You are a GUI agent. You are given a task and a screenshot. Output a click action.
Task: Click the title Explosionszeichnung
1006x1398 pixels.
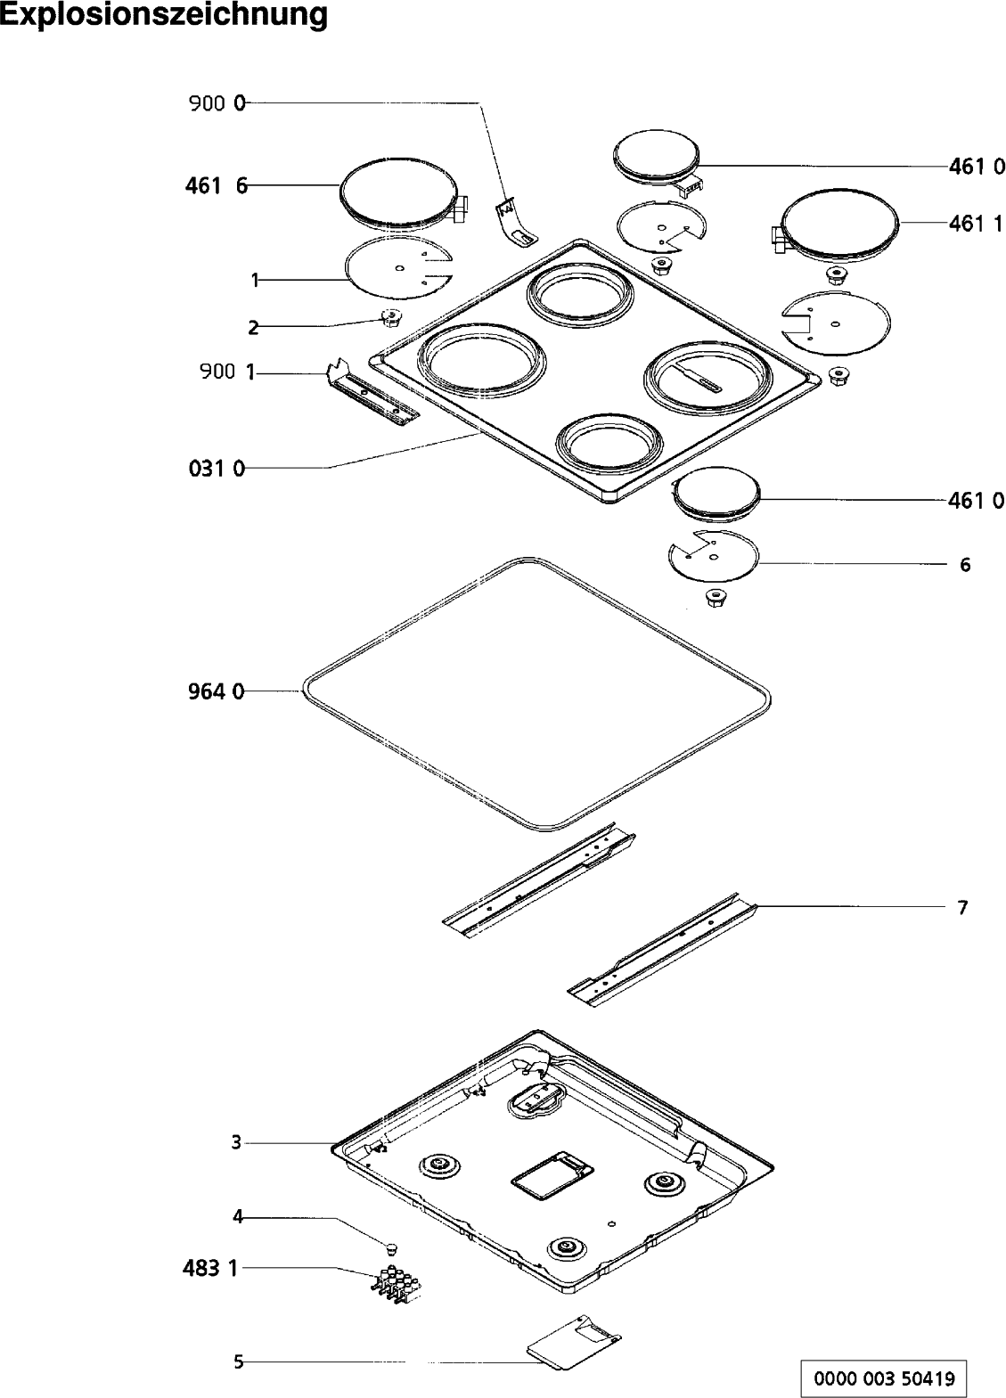[x=164, y=15]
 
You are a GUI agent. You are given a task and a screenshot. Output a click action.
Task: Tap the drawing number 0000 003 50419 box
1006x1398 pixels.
[x=883, y=1378]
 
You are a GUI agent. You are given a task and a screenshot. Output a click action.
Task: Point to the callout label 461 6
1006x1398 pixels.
[x=217, y=186]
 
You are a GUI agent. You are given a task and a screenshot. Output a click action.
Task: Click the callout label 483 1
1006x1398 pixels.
[x=210, y=1267]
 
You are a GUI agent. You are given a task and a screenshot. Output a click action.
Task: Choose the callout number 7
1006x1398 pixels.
[x=962, y=908]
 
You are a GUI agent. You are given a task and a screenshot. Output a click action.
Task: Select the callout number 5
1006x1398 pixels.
[x=238, y=1361]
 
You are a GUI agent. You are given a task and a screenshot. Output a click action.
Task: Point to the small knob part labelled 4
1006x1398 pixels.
[x=391, y=1245]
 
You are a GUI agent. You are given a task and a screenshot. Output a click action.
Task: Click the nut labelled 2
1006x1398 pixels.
[x=389, y=317]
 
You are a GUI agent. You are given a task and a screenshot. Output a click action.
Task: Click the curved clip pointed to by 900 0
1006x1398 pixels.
[x=516, y=223]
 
